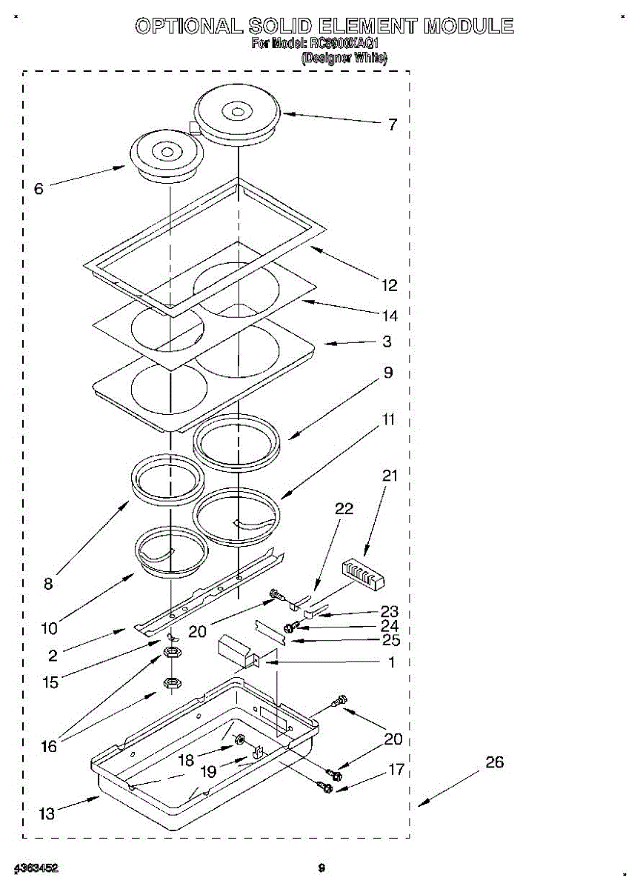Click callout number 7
393,124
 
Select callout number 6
39,188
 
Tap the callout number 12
389,285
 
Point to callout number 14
389,316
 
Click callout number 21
390,476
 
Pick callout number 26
494,762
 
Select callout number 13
47,814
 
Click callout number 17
396,770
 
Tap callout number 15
50,682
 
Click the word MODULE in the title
468,27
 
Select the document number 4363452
36,868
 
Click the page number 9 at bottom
321,868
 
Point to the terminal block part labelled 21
364,575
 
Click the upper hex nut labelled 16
172,653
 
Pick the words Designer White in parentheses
344,58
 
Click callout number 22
344,509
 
